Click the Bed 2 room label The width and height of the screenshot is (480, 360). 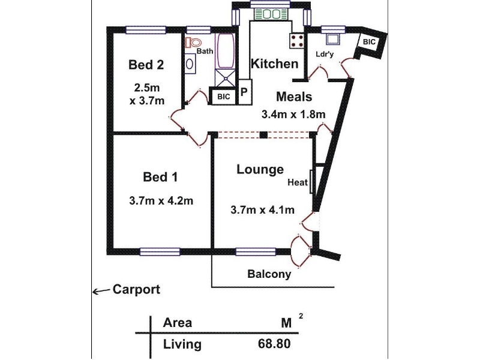point(146,65)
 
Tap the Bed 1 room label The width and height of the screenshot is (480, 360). point(160,177)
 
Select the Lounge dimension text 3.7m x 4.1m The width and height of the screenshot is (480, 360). point(262,210)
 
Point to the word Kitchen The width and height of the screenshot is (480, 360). point(274,64)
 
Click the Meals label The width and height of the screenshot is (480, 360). point(294,97)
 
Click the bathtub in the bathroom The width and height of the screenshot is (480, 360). point(226,50)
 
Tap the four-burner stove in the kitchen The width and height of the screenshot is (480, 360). point(297,41)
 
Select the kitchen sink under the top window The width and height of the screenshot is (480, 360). point(271,14)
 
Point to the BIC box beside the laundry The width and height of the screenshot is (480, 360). point(369,41)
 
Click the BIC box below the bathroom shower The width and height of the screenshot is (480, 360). point(224,97)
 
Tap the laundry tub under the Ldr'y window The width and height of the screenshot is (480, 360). point(333,39)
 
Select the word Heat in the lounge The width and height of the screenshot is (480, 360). point(298,182)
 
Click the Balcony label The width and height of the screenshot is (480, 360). point(269,274)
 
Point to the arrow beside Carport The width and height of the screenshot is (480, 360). point(101,291)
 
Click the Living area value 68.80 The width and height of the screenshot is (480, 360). point(274,344)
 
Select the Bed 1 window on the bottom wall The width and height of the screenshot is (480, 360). point(160,251)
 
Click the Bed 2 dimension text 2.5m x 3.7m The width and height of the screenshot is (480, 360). point(147,94)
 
